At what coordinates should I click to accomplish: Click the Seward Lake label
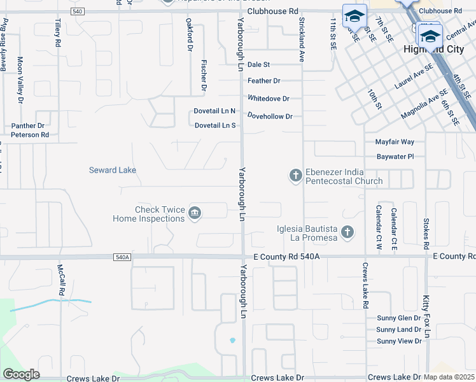(112, 170)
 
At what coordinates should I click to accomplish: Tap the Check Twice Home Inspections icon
(195, 213)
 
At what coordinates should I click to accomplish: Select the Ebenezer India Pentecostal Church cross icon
(295, 175)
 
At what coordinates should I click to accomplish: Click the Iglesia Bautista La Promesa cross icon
(347, 232)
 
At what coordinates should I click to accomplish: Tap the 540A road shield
(122, 257)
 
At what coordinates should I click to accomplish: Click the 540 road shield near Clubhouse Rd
(77, 11)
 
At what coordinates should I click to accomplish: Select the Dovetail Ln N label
(215, 111)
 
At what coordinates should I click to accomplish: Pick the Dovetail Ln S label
(215, 125)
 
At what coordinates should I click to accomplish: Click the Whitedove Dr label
(269, 99)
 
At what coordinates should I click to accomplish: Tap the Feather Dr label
(264, 81)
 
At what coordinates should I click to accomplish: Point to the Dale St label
(259, 64)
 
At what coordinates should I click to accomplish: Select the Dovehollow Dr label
(270, 116)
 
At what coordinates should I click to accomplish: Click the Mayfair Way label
(395, 141)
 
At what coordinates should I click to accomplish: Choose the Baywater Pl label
(395, 156)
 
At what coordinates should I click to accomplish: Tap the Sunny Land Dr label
(398, 329)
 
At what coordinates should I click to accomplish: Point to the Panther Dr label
(28, 125)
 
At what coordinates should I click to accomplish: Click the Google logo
(21, 374)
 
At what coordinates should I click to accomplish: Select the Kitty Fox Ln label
(427, 316)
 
